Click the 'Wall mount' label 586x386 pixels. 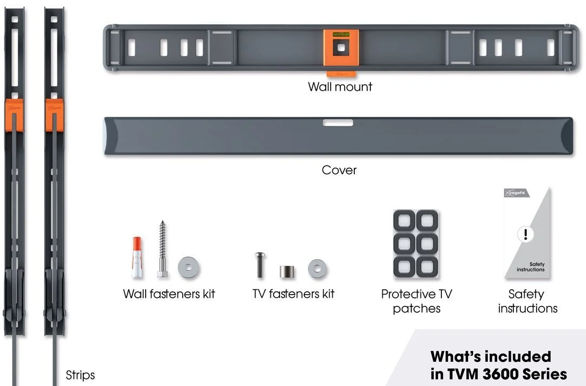click(x=340, y=87)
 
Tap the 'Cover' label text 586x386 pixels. click(x=339, y=170)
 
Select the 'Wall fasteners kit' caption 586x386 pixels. click(x=169, y=294)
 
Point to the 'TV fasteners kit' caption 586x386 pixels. click(x=294, y=294)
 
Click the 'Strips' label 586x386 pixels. click(x=80, y=375)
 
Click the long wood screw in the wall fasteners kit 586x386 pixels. click(x=162, y=248)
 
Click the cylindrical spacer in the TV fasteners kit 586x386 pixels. click(x=287, y=271)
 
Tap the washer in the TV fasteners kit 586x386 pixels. click(x=317, y=268)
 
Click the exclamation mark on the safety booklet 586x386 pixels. click(x=525, y=234)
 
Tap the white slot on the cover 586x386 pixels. click(x=338, y=123)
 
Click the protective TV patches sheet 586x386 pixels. click(x=416, y=244)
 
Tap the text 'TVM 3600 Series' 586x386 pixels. click(x=498, y=374)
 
